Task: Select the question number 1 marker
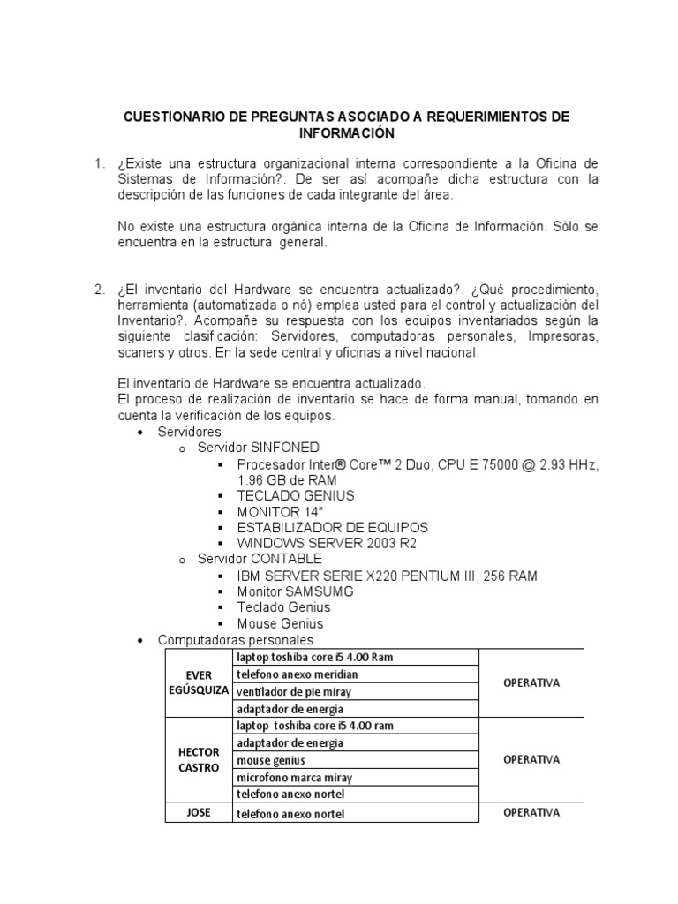coord(99,164)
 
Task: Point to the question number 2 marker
coord(99,290)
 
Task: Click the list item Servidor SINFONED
coord(259,448)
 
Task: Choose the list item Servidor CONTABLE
coord(260,559)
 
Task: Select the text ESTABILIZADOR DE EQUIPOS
coord(332,527)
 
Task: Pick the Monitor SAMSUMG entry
coord(295,591)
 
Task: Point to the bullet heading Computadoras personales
coord(235,639)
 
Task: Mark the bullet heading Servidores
coord(189,432)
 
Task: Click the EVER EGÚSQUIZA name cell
coord(199,682)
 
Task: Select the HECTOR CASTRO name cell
coord(199,759)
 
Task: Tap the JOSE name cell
coord(199,812)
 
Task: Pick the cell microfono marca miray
coord(294,777)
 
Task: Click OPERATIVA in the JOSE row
coord(531,812)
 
